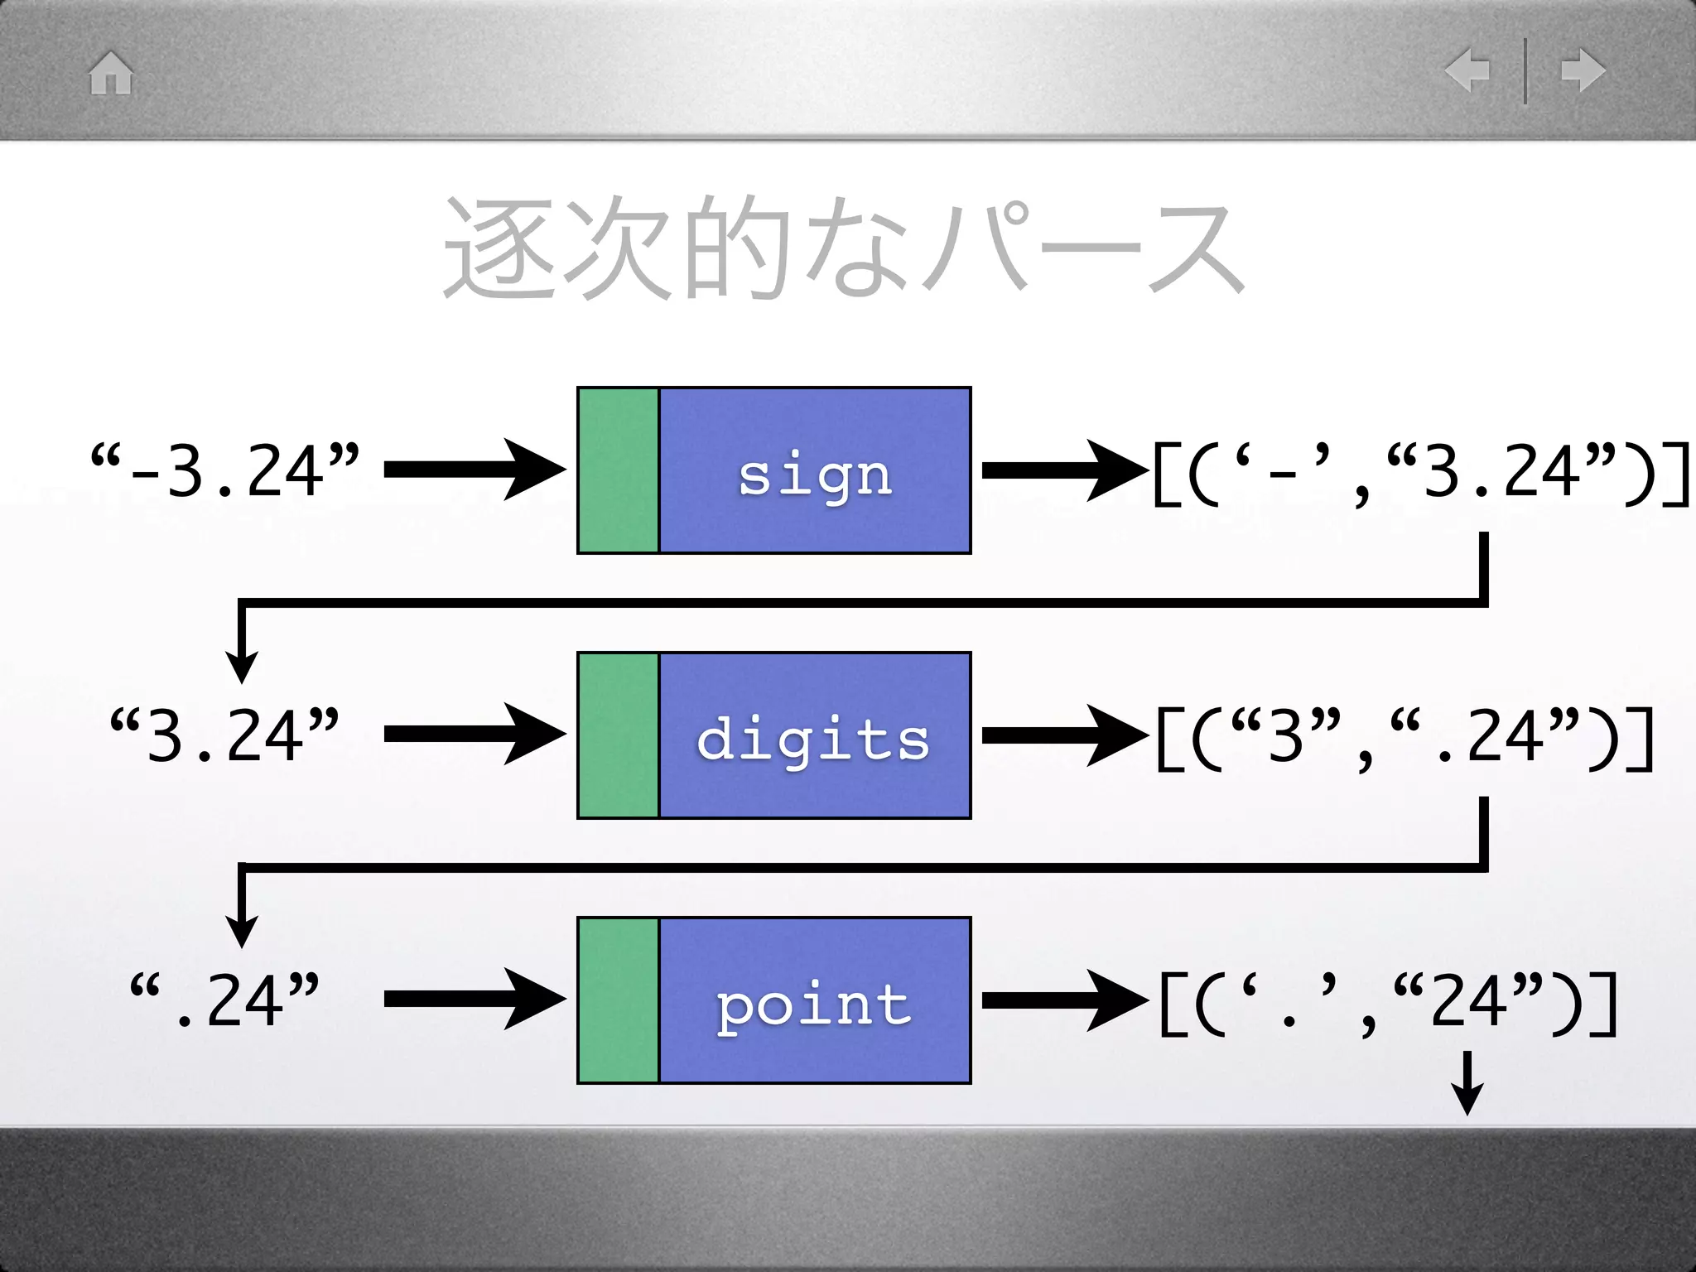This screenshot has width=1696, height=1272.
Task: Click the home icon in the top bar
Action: tap(111, 73)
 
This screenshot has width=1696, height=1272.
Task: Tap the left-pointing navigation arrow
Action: tap(1467, 70)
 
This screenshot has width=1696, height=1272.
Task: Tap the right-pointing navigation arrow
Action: tap(1583, 70)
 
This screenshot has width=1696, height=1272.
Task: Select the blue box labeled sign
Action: tap(815, 470)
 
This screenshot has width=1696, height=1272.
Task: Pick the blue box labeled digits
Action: tap(815, 735)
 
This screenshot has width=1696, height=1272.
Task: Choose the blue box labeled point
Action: tap(815, 1000)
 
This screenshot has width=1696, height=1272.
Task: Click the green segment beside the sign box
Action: tap(619, 470)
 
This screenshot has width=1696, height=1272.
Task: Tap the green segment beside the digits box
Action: tap(619, 735)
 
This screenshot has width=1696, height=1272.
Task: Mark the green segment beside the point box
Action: tap(619, 1000)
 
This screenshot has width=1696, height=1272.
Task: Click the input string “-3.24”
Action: tap(225, 470)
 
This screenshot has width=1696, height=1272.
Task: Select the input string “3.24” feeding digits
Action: tap(225, 735)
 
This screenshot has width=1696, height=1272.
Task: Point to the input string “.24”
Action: tap(225, 1000)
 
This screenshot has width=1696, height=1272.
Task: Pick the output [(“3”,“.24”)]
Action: tap(1404, 737)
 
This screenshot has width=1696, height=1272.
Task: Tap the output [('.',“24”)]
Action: tap(1387, 1002)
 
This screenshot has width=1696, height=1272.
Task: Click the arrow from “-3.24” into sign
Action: tap(475, 470)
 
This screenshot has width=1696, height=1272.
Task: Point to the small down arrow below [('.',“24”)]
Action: tap(1467, 1083)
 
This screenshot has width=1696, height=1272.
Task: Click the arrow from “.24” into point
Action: tap(475, 1000)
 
